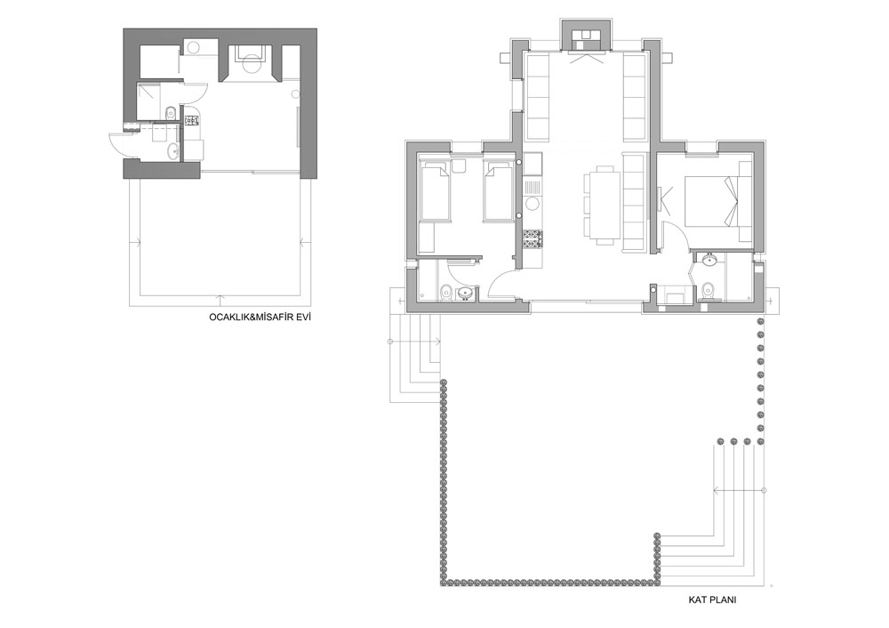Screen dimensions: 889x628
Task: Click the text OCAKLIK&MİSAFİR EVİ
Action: point(260,318)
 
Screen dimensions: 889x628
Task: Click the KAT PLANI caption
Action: point(712,600)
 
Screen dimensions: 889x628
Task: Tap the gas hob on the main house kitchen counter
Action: point(533,238)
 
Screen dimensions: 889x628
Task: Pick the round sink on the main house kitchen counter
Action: point(533,204)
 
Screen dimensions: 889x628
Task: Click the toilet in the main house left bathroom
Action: point(445,292)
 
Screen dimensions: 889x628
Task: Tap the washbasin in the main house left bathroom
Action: point(466,294)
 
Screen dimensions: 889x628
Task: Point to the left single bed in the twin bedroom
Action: point(435,190)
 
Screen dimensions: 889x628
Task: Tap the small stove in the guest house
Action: point(191,120)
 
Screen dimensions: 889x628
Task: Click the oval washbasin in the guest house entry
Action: point(172,151)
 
